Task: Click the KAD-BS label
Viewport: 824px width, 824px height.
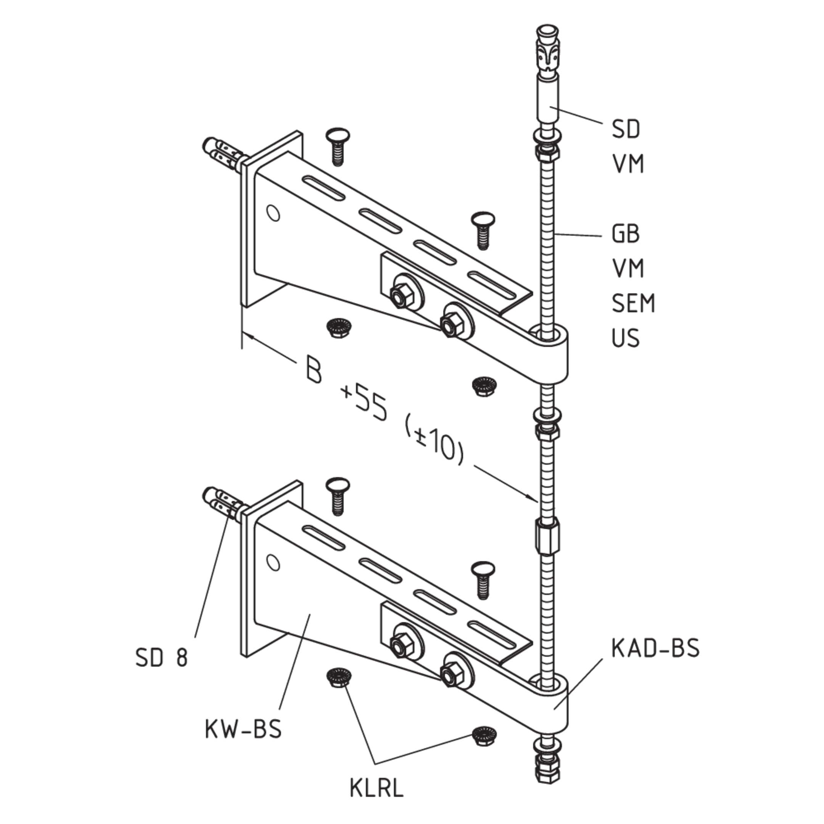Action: coord(655,648)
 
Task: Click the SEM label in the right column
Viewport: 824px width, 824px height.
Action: coord(633,303)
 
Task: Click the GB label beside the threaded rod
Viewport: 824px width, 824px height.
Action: coord(626,234)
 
